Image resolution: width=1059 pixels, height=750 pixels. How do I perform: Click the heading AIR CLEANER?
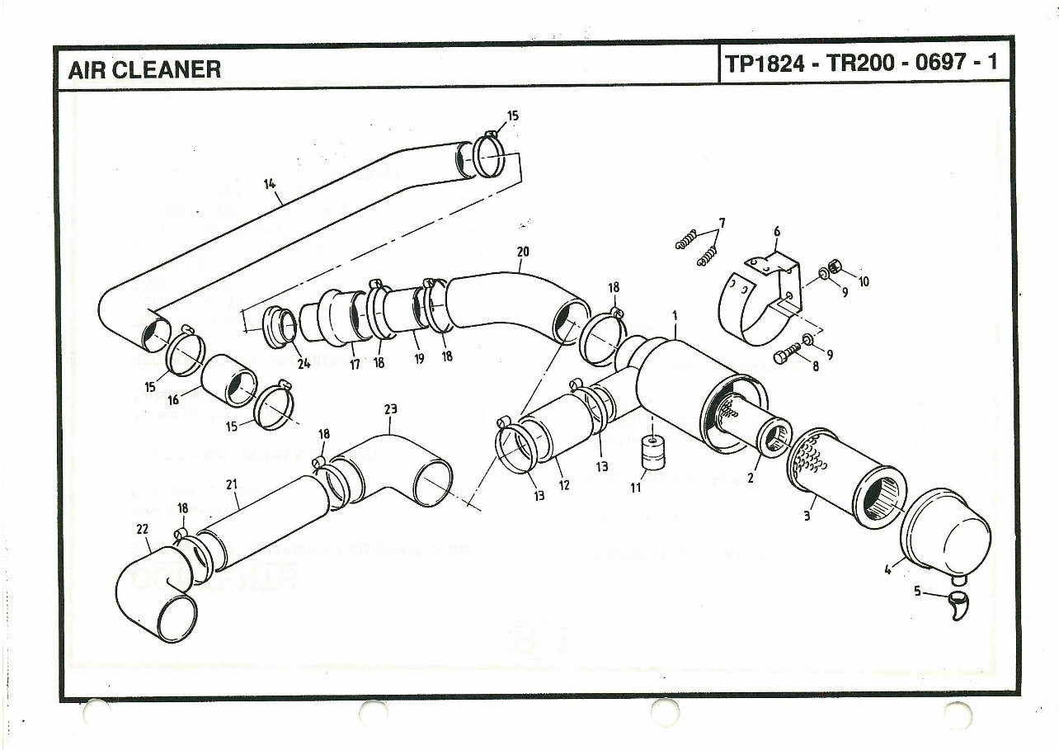(x=144, y=68)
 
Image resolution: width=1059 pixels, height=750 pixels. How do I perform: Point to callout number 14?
(x=269, y=184)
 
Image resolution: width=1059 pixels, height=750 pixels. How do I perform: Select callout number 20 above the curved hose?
(x=522, y=252)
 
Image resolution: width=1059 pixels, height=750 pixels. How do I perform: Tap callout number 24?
(x=304, y=365)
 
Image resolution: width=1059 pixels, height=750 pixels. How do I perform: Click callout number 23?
(x=390, y=409)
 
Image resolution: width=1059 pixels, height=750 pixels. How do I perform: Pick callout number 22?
(x=141, y=528)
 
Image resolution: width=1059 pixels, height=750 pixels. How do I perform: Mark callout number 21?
(x=232, y=484)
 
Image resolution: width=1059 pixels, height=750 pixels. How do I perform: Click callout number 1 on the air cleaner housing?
(x=674, y=314)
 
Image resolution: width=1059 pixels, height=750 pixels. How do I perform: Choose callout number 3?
(x=807, y=517)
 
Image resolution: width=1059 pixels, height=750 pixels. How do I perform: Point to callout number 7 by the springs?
(x=722, y=223)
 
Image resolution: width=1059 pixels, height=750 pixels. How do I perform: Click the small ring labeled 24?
(x=281, y=327)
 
